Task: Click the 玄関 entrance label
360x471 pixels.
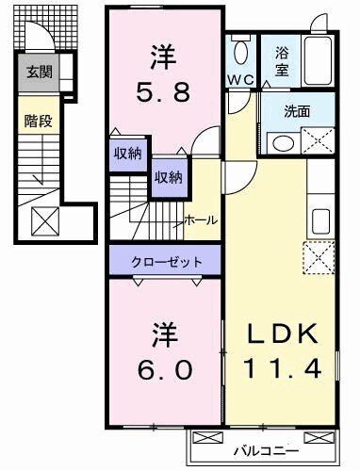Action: pyautogui.click(x=40, y=73)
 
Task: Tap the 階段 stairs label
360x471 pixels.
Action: pyautogui.click(x=39, y=121)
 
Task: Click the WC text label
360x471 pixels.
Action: pyautogui.click(x=241, y=80)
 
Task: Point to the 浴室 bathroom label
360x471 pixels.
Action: pyautogui.click(x=282, y=61)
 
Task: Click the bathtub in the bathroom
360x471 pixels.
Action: pyautogui.click(x=318, y=61)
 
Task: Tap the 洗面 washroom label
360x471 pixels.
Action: pyautogui.click(x=297, y=111)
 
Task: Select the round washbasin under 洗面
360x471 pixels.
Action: pyautogui.click(x=284, y=144)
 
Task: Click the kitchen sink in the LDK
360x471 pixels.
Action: pyautogui.click(x=320, y=221)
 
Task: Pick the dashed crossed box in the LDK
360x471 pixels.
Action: pyautogui.click(x=319, y=258)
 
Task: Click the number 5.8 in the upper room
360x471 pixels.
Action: pyautogui.click(x=163, y=93)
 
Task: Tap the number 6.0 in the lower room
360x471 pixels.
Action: pyautogui.click(x=165, y=369)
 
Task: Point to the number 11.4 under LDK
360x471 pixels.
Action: pyautogui.click(x=282, y=368)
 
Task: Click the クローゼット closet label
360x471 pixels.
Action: pyautogui.click(x=166, y=262)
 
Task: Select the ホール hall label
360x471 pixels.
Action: pyautogui.click(x=201, y=220)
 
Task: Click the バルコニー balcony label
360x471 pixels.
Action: pyautogui.click(x=266, y=451)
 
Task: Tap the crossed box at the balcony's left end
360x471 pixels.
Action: pyautogui.click(x=207, y=437)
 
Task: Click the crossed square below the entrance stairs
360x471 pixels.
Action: pyautogui.click(x=45, y=221)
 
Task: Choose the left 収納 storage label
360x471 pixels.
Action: pyautogui.click(x=128, y=154)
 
